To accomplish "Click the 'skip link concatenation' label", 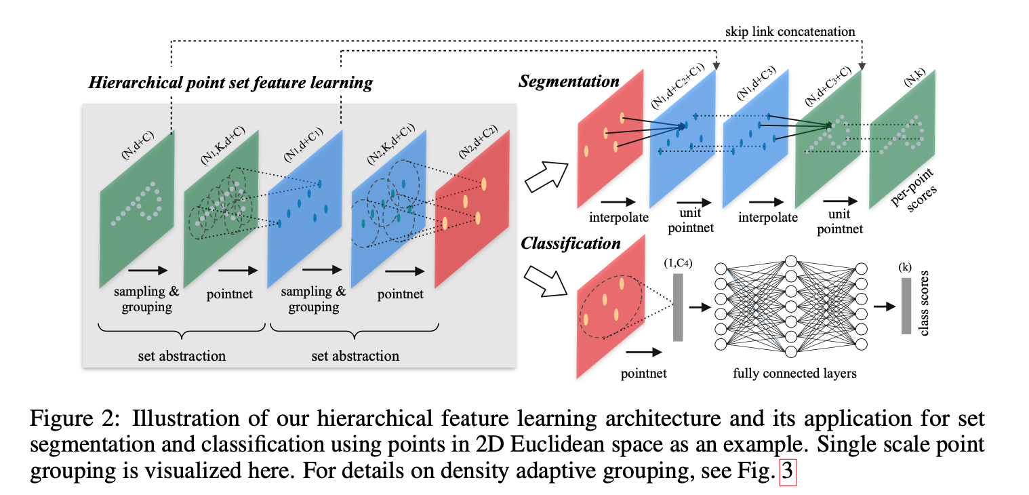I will click(790, 31).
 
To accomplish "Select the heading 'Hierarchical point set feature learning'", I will click(230, 83).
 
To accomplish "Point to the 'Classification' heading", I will click(570, 243).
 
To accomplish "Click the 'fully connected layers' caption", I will click(794, 373).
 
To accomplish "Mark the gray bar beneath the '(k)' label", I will click(906, 305).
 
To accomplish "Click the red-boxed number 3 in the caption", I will click(787, 472).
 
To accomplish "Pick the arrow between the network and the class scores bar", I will click(884, 306).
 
